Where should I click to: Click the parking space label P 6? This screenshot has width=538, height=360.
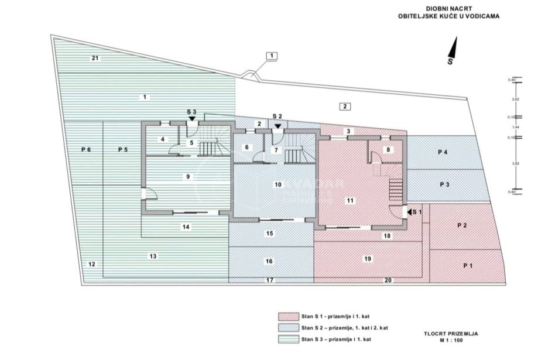point(85,150)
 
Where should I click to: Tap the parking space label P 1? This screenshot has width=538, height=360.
point(468,265)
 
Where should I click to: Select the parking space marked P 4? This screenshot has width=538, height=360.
point(443,152)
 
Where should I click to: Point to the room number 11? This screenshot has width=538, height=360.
point(350,200)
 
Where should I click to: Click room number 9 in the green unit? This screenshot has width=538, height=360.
point(187,176)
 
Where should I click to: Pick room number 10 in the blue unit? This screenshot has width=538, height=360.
point(278,184)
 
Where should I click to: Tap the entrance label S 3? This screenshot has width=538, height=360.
point(192,111)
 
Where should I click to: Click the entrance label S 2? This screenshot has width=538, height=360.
point(277,116)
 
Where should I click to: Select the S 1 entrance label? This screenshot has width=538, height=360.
point(416,211)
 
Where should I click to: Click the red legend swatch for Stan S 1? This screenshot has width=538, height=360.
point(287,316)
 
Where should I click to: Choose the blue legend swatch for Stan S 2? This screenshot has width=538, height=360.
point(287,328)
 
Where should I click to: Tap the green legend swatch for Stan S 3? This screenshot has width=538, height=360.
point(287,340)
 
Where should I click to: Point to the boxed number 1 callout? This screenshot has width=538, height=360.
point(272,56)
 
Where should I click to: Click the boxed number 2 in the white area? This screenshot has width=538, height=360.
point(345,106)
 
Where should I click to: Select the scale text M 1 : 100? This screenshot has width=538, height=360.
point(451,340)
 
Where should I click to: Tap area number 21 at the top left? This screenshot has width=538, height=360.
point(95,57)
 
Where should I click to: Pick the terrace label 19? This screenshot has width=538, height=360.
point(367,258)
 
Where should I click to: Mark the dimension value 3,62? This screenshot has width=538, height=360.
point(516,164)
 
